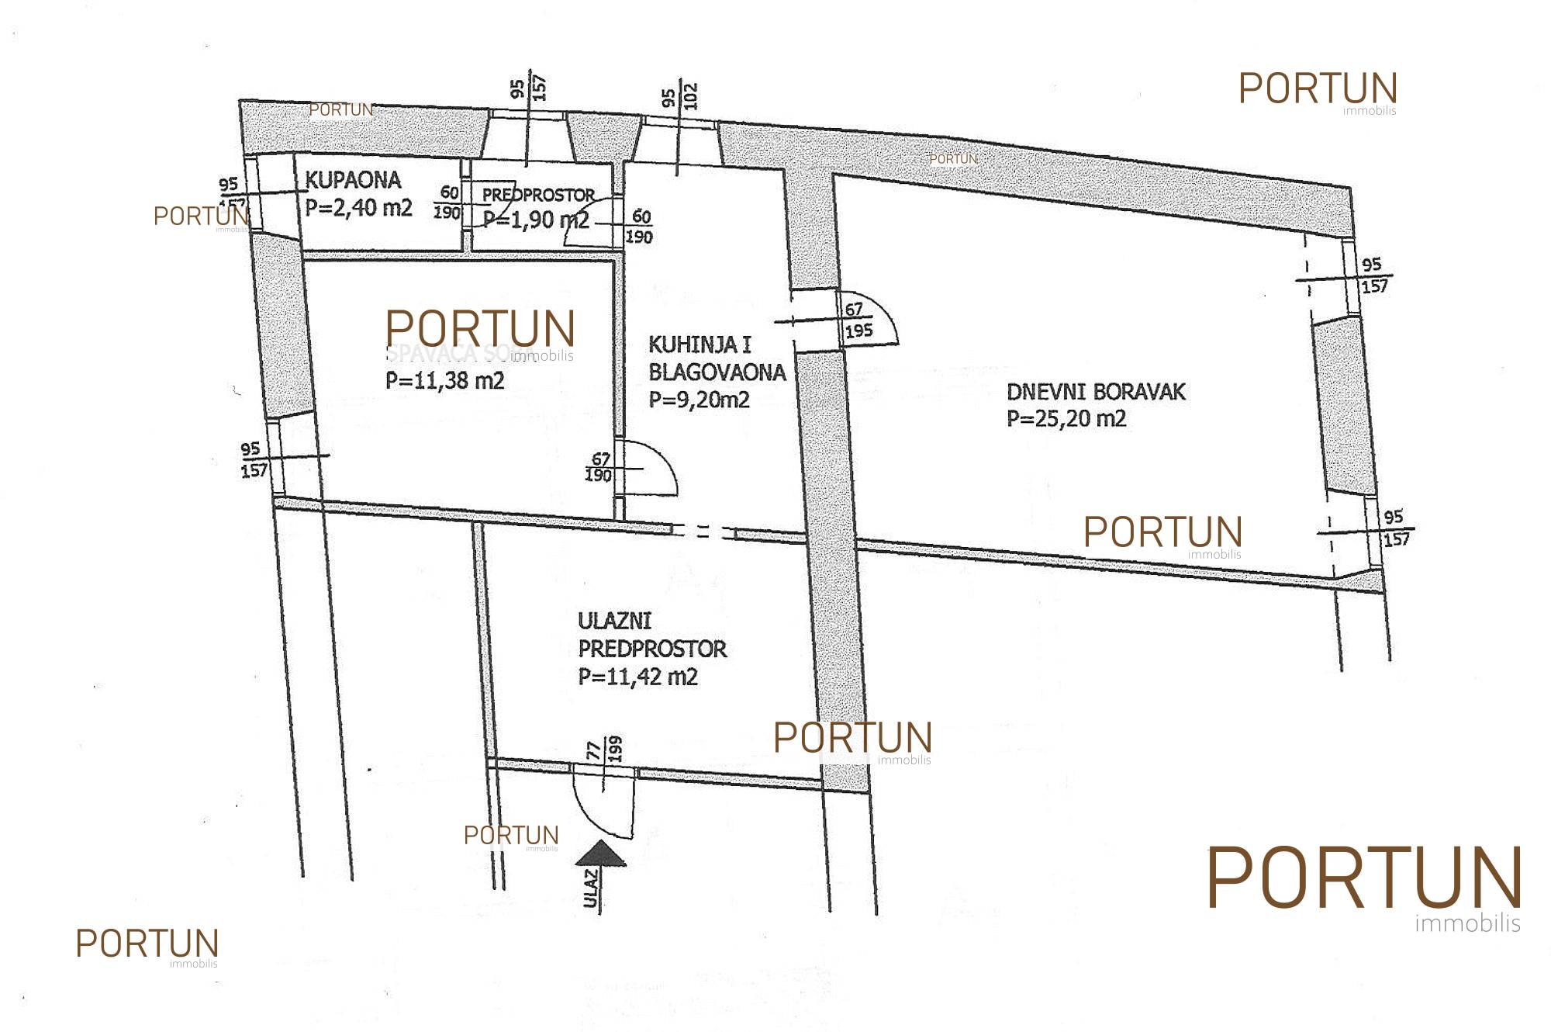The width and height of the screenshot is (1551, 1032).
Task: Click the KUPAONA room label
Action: [x=353, y=181]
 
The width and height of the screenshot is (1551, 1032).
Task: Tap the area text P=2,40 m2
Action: [x=358, y=207]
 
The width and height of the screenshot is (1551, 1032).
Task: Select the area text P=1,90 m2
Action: [x=536, y=220]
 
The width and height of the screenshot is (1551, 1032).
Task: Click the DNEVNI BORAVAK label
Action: [x=1096, y=392]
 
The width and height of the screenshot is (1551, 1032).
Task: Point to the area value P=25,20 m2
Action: [x=1066, y=419]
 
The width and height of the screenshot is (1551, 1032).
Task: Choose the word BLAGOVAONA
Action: [x=717, y=372]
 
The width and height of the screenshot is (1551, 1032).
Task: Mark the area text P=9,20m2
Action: [x=700, y=400]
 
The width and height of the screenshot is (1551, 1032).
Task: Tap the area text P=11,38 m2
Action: [x=445, y=381]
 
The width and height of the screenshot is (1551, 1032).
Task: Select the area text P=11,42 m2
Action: [x=638, y=677]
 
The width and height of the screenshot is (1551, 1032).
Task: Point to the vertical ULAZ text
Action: [x=592, y=889]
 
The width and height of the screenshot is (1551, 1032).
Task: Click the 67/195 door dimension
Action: [x=858, y=320]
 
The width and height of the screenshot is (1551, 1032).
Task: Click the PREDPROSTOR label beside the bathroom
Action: [x=538, y=195]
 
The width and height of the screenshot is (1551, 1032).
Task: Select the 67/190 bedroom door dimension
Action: [x=599, y=468]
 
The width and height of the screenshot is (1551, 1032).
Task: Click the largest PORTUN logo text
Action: [x=1363, y=878]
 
